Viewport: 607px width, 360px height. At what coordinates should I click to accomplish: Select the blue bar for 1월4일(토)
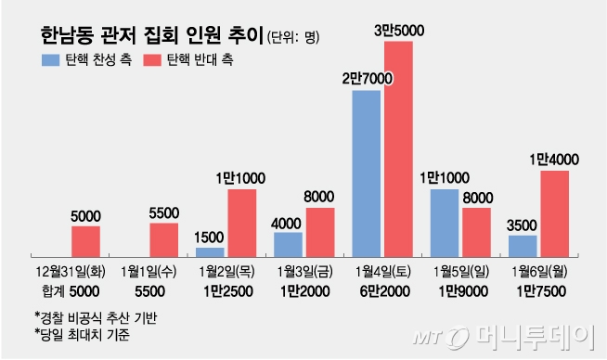click(366, 173)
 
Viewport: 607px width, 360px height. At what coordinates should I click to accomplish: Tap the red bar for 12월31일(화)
click(85, 240)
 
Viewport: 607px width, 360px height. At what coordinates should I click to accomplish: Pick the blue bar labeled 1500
click(210, 251)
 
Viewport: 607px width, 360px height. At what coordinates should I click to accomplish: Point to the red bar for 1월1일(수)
click(163, 238)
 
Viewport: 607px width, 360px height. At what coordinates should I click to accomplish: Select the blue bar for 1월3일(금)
click(288, 243)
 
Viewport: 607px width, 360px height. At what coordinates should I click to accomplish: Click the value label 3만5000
click(398, 31)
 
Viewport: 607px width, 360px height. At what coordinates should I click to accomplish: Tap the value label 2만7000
click(366, 80)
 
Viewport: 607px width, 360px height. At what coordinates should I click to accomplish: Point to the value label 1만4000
click(554, 160)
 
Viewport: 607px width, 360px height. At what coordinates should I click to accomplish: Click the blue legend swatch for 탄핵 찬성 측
click(49, 59)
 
